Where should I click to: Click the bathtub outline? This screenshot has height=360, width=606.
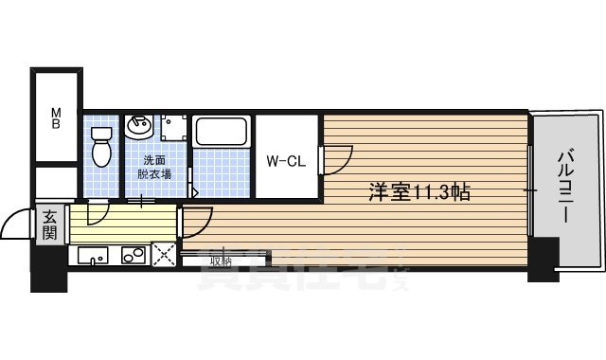coord(222,132)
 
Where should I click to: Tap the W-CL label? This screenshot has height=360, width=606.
coord(284,161)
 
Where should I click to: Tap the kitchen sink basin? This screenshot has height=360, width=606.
coord(91,255)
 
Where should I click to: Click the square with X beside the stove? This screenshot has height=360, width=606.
coord(164,255)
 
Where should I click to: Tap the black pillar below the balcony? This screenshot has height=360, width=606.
coord(544,260)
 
